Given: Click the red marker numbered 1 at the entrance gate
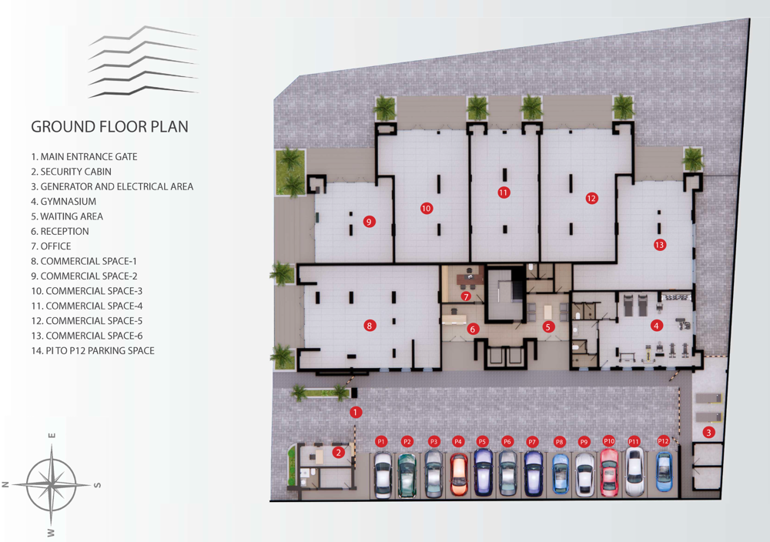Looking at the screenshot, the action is click(x=356, y=412).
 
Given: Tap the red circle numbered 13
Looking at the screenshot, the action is click(x=660, y=245).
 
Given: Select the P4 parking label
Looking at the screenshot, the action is click(x=458, y=441).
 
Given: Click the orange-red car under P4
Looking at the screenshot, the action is click(x=459, y=473).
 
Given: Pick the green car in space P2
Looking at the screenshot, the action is click(x=407, y=475).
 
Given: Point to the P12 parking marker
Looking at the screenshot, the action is click(x=664, y=441).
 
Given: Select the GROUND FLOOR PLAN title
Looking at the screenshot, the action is click(x=109, y=127).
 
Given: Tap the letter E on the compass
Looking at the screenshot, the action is click(x=52, y=436).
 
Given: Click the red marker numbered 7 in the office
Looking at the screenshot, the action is click(x=466, y=296).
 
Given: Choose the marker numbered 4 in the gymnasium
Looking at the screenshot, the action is click(x=656, y=325).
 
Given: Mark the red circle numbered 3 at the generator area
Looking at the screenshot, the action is click(x=708, y=432).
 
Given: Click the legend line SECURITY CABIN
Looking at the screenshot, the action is click(x=71, y=172).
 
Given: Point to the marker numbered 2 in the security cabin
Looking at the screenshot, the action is click(x=338, y=452).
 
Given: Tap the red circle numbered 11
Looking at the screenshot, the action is click(x=504, y=192).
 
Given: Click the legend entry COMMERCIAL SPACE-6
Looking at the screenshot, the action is click(x=86, y=336).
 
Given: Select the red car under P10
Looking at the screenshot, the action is click(x=609, y=472).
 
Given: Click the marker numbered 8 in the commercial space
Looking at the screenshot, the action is click(x=370, y=325).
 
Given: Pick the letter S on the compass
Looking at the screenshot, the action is click(x=97, y=485).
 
